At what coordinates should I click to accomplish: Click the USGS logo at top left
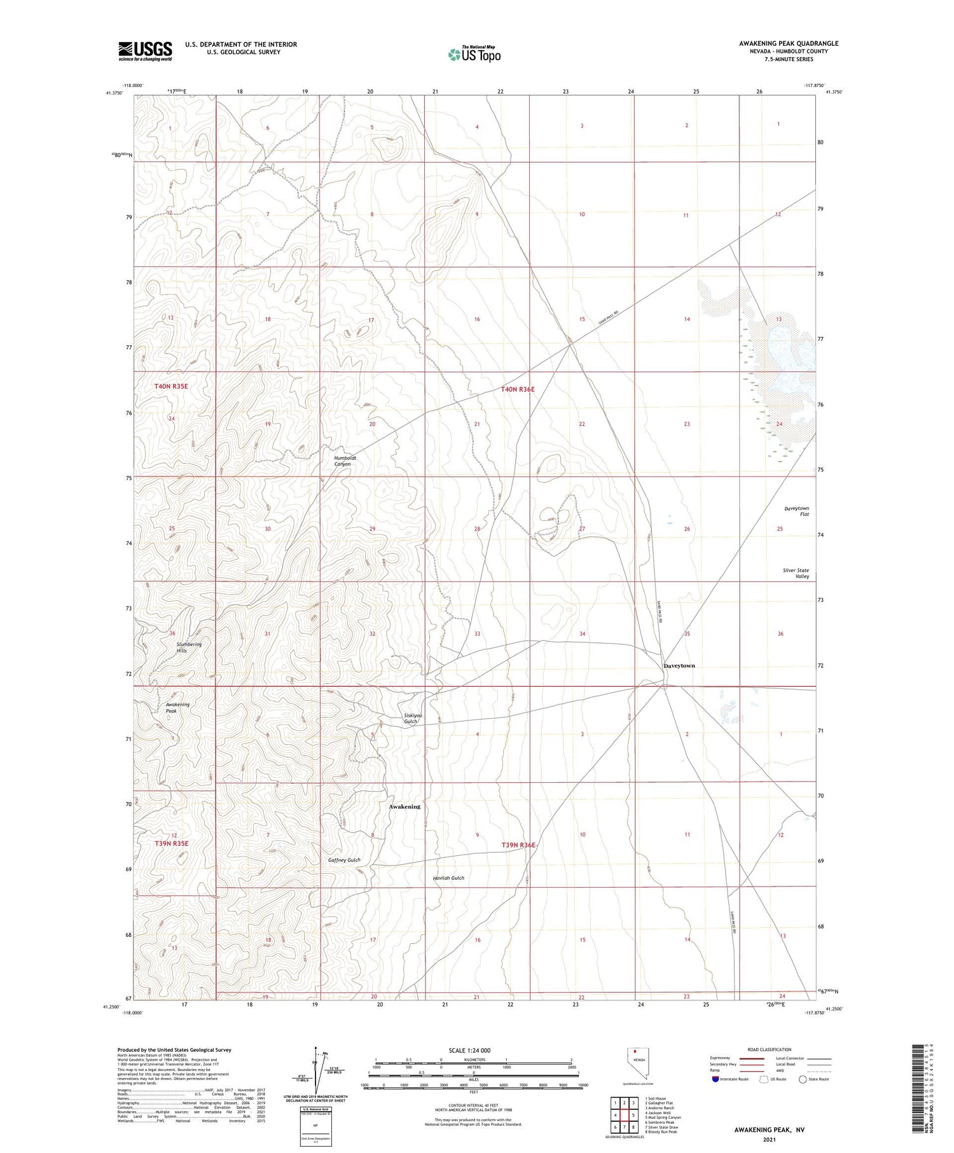point(145,51)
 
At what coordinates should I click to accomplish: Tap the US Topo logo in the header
point(474,55)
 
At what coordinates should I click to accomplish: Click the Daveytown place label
point(679,666)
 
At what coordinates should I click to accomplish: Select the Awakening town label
point(404,806)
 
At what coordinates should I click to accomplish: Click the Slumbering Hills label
point(189,647)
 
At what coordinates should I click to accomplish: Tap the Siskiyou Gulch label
point(413,719)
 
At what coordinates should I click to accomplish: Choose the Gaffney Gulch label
point(344,860)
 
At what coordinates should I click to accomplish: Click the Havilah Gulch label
point(448,878)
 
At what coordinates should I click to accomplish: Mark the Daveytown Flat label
point(797,511)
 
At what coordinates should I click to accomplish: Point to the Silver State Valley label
point(796,573)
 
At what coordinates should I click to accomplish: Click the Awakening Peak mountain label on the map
point(177,707)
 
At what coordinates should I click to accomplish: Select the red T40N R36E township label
point(517,389)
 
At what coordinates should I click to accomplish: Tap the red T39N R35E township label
point(172,843)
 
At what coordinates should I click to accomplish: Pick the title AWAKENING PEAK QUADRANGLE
point(789,43)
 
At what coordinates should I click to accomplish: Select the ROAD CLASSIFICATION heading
point(770,1049)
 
